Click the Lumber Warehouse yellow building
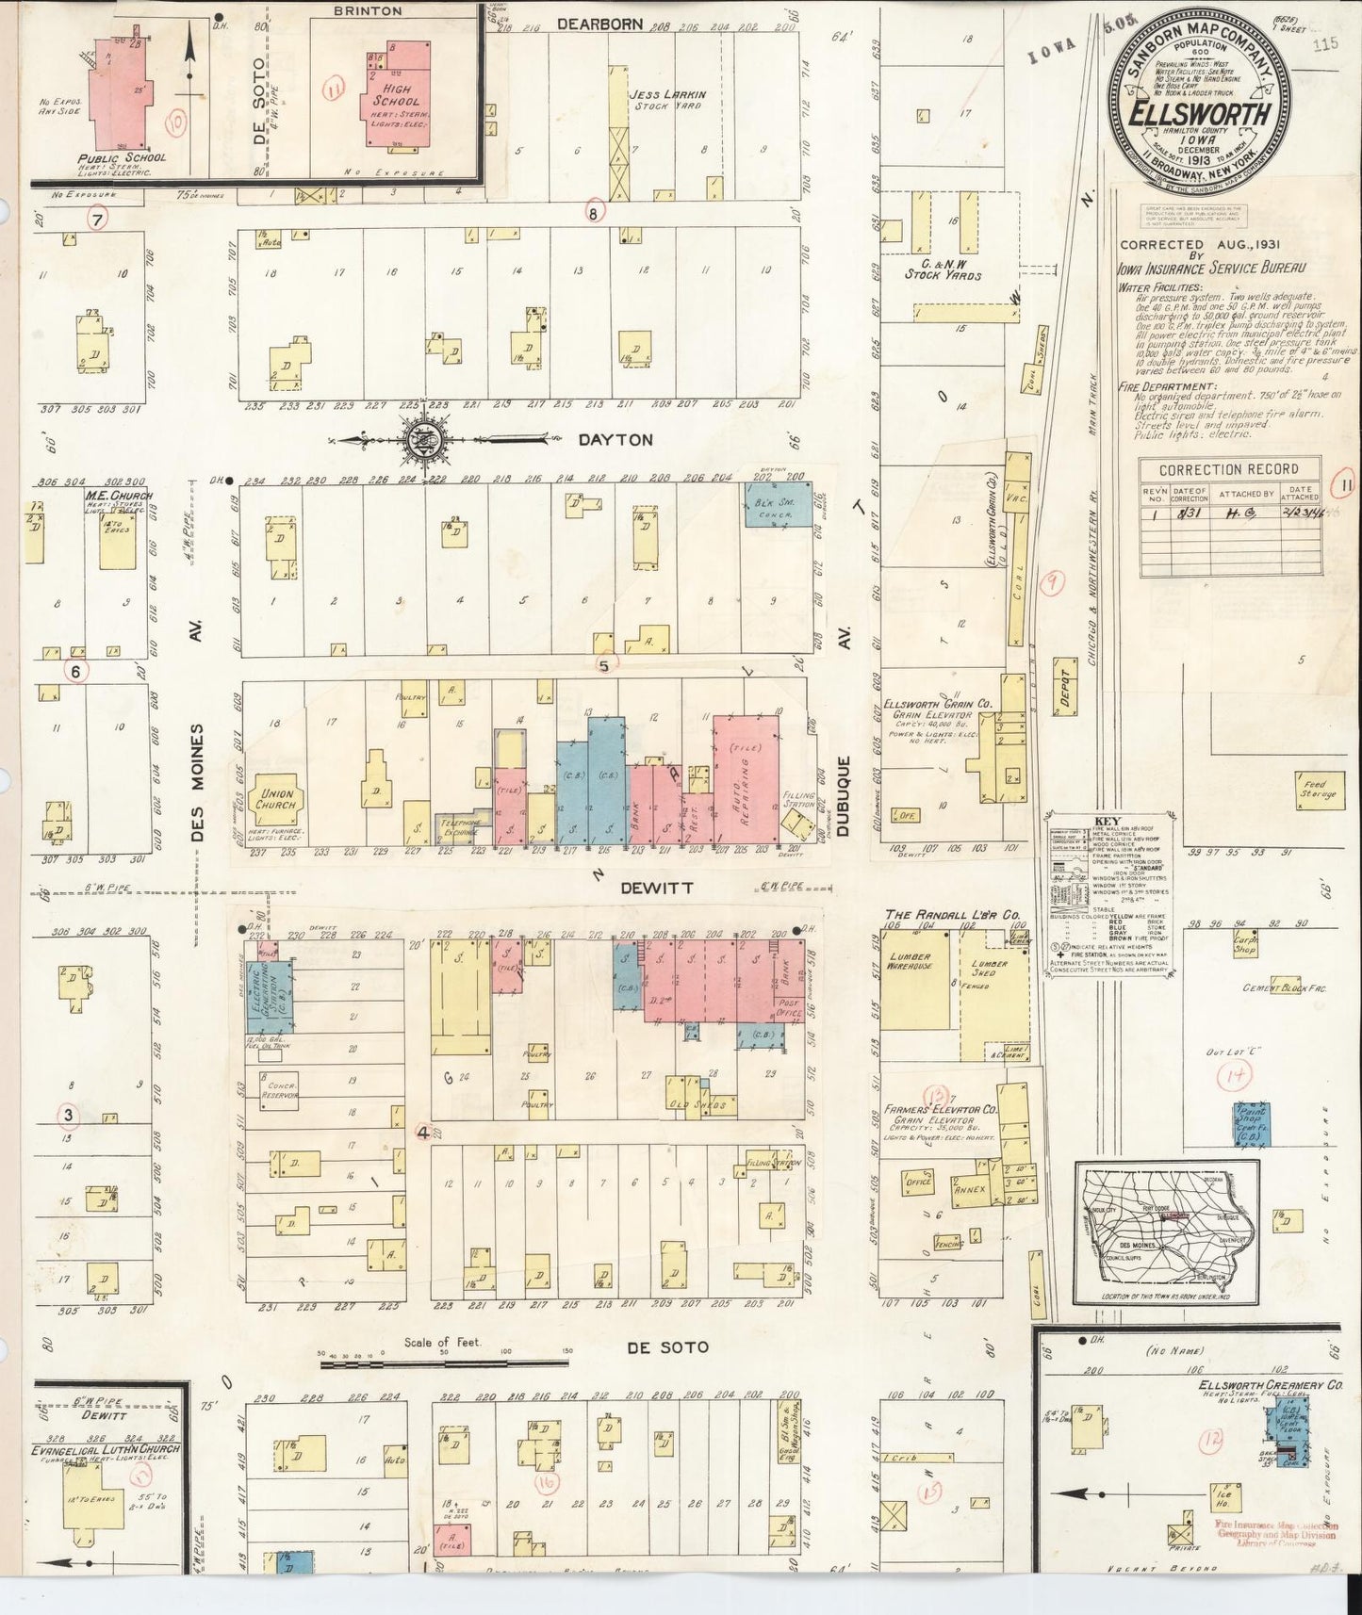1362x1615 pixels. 911,980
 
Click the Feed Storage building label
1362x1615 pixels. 1317,790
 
